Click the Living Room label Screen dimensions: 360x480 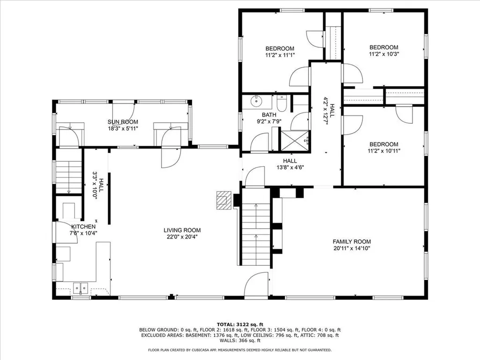coord(182,230)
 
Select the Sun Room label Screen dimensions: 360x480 coord(122,122)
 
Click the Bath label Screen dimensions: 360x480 coord(269,115)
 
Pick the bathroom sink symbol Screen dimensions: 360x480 coord(256,101)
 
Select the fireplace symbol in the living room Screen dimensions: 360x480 coord(224,199)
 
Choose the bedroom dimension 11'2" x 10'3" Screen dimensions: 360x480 coord(383,53)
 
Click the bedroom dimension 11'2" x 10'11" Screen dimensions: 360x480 coord(383,151)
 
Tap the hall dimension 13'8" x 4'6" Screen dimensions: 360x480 coord(290,167)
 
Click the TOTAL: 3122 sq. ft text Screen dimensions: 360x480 coord(240,324)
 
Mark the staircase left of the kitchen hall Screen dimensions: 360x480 coord(69,176)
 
